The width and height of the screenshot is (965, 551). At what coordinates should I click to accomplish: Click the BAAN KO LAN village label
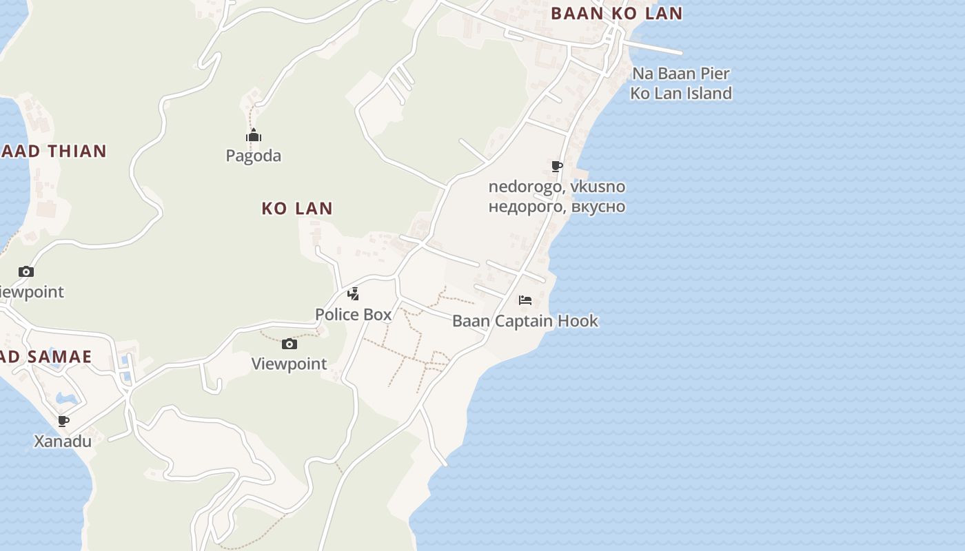coord(616,13)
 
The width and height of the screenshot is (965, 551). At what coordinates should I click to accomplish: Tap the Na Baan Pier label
coord(680,74)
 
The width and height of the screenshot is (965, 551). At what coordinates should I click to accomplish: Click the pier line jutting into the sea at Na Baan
coord(655,47)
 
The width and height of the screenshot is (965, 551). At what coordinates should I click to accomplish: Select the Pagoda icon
coord(254,135)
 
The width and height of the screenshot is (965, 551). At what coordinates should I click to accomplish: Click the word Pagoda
coord(254,156)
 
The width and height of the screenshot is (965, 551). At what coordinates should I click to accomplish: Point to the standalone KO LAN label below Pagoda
coord(297,208)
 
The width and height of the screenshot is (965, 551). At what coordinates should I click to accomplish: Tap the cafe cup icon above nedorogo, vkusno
coord(557,166)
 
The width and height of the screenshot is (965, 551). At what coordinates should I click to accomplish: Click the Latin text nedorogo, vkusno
coord(557,187)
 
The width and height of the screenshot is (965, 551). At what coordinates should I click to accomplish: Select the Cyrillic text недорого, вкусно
coord(557,206)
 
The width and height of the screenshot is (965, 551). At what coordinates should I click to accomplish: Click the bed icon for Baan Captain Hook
coord(525,300)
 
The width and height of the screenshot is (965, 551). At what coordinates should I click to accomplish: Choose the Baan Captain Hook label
coord(525,321)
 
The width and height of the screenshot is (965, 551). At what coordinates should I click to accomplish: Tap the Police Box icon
coord(353,294)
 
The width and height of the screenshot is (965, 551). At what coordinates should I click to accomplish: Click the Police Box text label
coord(353,315)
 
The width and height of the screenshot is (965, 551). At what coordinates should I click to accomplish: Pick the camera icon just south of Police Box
coord(289,344)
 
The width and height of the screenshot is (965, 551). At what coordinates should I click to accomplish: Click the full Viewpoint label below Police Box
coord(289,364)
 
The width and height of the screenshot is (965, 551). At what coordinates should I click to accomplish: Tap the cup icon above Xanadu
coord(63,421)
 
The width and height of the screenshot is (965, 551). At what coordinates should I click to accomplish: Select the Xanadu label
coord(63,441)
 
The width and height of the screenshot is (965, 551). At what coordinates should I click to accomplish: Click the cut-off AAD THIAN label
coord(54,151)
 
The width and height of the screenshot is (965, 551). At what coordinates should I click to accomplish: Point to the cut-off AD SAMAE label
coord(46,356)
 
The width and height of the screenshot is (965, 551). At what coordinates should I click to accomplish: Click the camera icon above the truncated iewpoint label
coord(26,271)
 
